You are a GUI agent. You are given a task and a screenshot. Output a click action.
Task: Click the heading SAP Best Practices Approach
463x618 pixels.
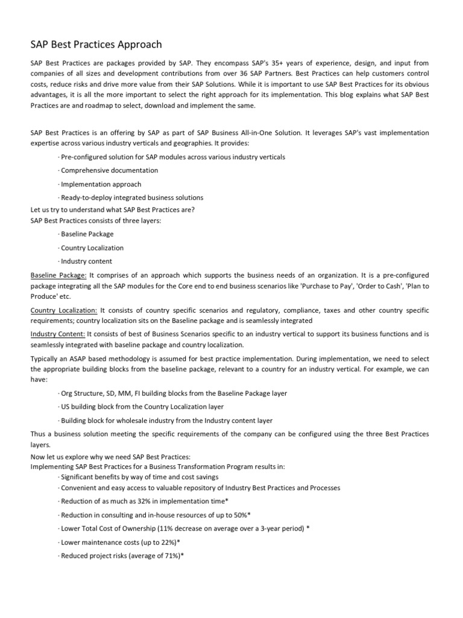coord(96,45)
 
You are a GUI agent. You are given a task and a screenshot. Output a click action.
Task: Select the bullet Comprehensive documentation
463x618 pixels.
coord(109,170)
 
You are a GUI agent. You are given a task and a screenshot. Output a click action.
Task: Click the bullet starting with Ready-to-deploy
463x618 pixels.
coord(131,197)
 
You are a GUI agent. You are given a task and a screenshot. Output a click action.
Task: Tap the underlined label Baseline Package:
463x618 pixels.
coord(58,275)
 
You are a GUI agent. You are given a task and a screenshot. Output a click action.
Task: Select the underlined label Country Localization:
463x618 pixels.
coord(63,310)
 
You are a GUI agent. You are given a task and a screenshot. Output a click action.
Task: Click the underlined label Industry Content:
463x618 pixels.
coord(58,334)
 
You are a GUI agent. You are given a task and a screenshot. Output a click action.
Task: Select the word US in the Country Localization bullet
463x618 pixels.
coord(65,407)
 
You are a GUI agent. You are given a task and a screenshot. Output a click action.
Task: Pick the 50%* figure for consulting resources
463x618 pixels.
coord(239,514)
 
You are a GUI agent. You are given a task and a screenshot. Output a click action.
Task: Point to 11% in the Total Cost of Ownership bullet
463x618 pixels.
coord(164,527)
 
